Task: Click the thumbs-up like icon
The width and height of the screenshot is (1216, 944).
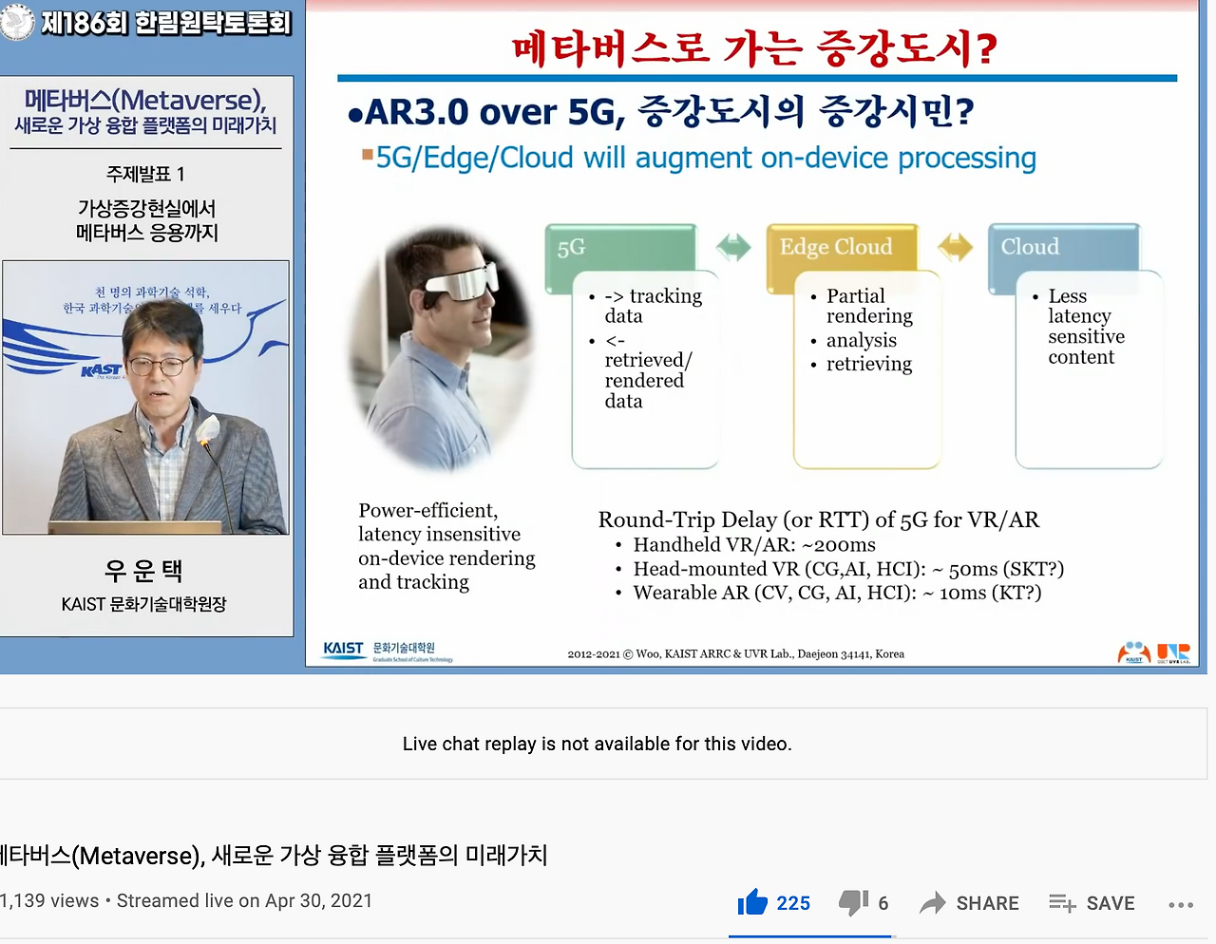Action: tap(752, 902)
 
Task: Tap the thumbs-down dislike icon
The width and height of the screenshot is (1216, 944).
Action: tap(853, 902)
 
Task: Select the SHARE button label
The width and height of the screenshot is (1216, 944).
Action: tap(987, 903)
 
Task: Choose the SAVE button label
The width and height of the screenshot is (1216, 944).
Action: tap(1111, 903)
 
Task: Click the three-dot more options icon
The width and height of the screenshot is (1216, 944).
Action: tap(1181, 904)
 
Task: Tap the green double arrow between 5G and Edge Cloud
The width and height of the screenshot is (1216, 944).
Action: tap(732, 247)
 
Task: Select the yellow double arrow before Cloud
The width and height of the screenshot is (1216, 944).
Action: tap(955, 247)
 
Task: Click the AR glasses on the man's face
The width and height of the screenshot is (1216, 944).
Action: tap(461, 282)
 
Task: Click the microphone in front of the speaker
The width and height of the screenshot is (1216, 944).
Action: tap(207, 433)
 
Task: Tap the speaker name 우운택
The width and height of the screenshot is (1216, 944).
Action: tap(144, 571)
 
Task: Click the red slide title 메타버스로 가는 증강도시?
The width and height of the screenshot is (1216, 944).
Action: tap(754, 48)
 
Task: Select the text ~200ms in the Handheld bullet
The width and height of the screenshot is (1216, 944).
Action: tap(839, 545)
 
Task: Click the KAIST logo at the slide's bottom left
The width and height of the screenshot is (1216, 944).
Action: tap(343, 649)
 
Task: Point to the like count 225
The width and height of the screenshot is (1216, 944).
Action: tap(793, 903)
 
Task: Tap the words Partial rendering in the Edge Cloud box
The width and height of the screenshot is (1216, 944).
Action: tap(868, 306)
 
